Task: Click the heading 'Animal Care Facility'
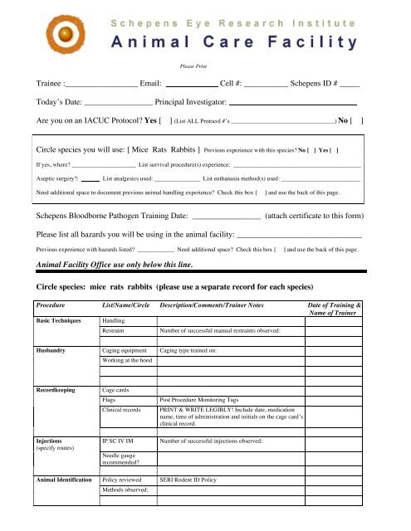pos(235,42)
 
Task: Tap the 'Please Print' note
pos(193,63)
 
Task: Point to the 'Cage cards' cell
pos(117,388)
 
